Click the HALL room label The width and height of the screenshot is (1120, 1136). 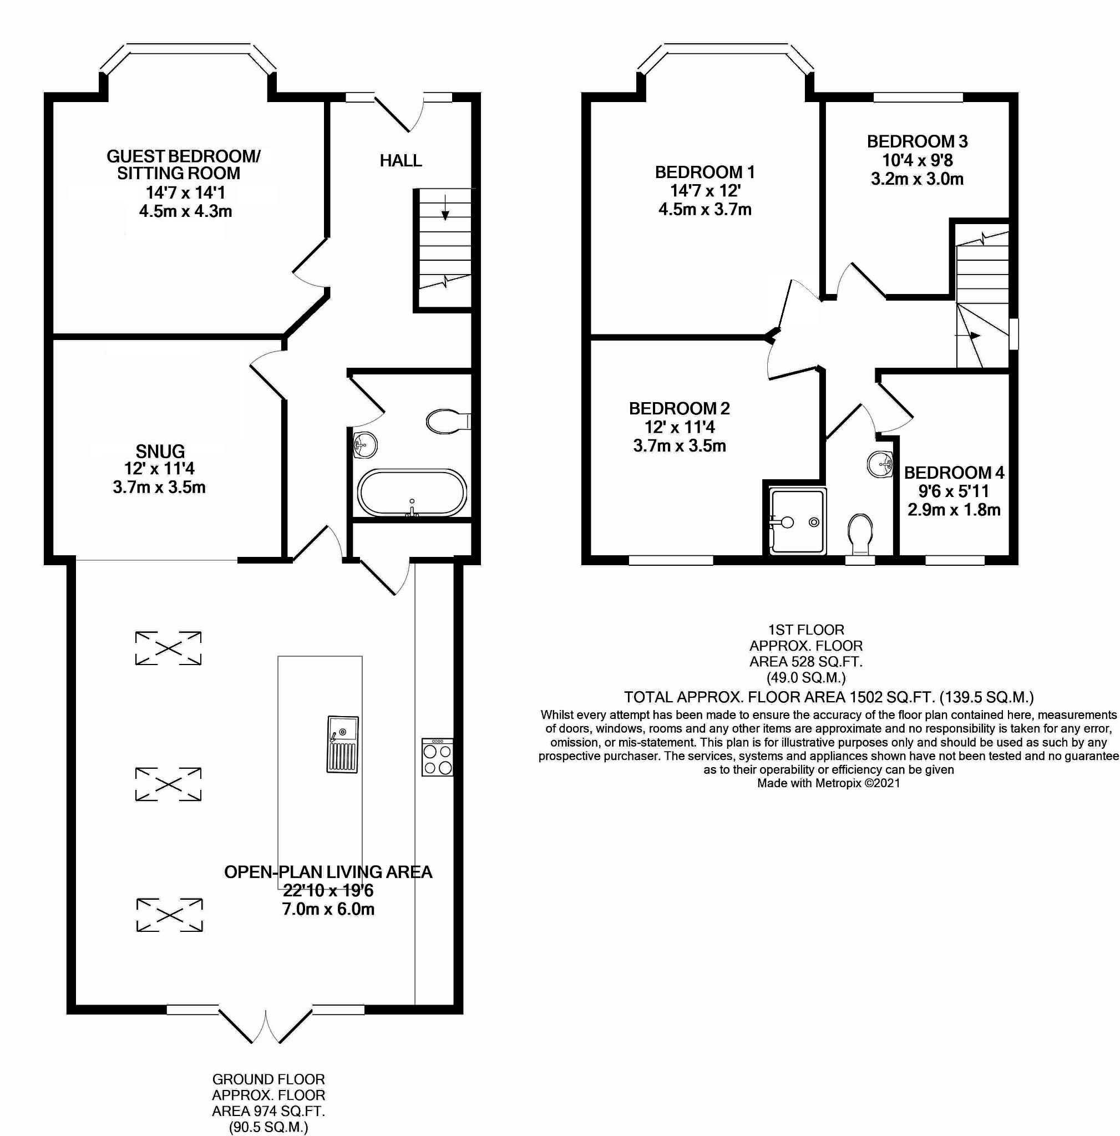click(x=401, y=160)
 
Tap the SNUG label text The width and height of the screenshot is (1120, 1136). click(x=160, y=452)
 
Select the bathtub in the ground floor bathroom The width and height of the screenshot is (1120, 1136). click(x=412, y=493)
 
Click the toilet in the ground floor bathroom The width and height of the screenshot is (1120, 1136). click(x=448, y=421)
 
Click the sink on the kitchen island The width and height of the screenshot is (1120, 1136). click(x=342, y=744)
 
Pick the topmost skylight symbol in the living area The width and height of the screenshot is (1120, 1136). click(x=168, y=648)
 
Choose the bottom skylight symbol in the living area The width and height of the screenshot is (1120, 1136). click(x=169, y=914)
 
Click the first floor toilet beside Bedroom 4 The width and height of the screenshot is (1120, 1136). click(x=860, y=534)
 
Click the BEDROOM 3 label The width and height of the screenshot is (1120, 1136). click(x=917, y=141)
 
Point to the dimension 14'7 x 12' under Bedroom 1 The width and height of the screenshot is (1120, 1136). click(x=705, y=190)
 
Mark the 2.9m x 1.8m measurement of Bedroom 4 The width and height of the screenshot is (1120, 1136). click(x=954, y=510)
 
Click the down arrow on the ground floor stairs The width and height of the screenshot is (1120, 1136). click(x=445, y=207)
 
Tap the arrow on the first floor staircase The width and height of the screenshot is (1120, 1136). click(x=968, y=336)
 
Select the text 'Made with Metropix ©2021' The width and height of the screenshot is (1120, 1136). click(x=828, y=783)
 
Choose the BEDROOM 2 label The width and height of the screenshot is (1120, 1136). click(x=679, y=408)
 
